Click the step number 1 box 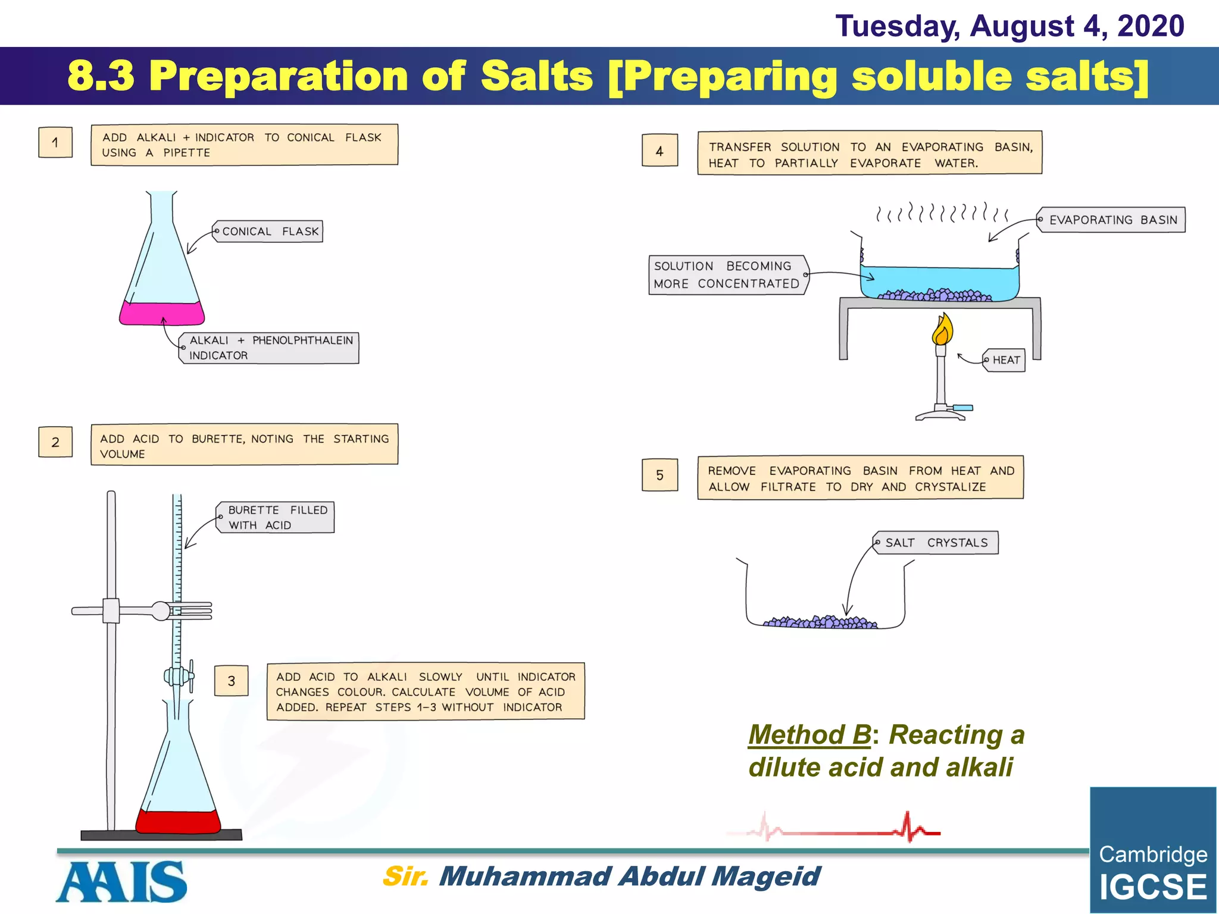[55, 142]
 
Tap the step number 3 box [231, 681]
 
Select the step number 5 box [659, 475]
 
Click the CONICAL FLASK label [268, 231]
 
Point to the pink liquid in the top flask [161, 314]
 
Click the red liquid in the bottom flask [178, 822]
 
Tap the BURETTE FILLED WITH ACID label [276, 517]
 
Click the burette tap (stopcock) [179, 677]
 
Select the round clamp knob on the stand [161, 611]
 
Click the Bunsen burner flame [942, 331]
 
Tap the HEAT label [1005, 360]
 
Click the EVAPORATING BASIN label [1112, 220]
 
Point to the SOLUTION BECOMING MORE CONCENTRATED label [727, 275]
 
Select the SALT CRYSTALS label [936, 543]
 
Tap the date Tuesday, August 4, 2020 [1009, 26]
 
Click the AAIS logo [122, 882]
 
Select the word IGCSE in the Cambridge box [1152, 887]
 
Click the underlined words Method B [809, 735]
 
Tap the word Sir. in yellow [405, 876]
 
